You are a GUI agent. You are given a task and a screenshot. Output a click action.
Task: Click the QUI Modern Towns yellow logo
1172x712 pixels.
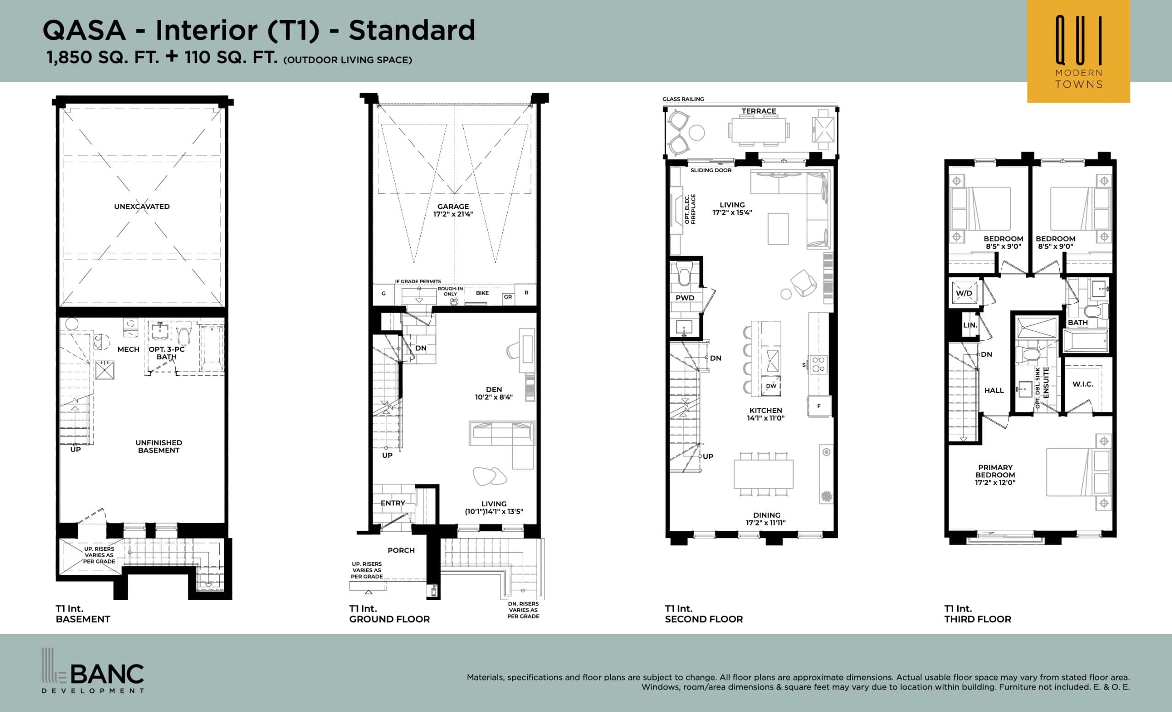click(1078, 51)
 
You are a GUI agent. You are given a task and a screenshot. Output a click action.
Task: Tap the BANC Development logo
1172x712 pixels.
click(93, 671)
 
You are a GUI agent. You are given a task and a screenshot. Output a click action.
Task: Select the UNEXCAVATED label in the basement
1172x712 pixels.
click(142, 207)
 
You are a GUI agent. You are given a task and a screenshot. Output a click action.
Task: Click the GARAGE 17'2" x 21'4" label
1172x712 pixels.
click(453, 210)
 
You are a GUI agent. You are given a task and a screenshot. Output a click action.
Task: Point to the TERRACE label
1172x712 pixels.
click(759, 111)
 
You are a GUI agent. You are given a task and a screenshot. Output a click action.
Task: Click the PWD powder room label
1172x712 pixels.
click(684, 298)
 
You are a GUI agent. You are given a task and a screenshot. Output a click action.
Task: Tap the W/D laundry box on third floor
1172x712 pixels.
click(964, 293)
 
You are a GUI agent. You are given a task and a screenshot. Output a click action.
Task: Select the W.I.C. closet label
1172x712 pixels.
click(1083, 384)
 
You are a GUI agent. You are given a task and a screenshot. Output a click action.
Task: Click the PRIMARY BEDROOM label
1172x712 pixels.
click(995, 475)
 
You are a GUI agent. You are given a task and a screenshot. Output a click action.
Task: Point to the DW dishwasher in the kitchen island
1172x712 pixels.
click(771, 386)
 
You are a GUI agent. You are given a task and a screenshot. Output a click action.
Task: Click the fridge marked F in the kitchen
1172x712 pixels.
click(819, 406)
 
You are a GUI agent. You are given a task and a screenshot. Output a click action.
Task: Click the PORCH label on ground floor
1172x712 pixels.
click(401, 550)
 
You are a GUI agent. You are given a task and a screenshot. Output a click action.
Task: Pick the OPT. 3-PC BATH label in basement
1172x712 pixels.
click(167, 353)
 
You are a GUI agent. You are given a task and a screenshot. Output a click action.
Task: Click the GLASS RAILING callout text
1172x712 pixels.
click(683, 99)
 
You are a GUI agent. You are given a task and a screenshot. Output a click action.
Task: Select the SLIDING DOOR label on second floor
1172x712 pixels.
click(711, 170)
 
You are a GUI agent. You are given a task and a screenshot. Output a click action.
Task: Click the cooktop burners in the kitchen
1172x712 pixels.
click(818, 365)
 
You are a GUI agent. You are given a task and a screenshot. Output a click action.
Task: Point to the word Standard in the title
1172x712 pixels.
click(412, 30)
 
